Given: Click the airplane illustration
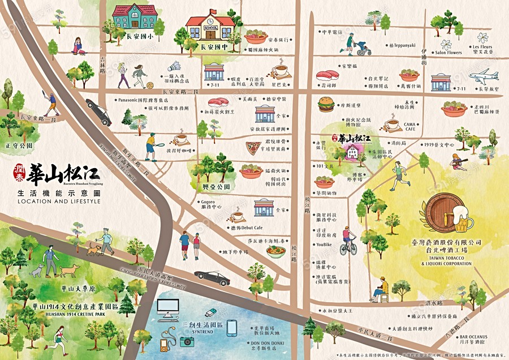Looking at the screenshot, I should (x=483, y=76).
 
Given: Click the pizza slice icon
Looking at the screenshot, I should (x=253, y=148).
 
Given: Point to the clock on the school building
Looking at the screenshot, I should (x=211, y=13).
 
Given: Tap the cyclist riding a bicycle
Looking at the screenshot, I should (x=348, y=242).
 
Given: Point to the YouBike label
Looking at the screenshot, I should (x=323, y=245).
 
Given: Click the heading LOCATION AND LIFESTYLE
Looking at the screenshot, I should (x=59, y=201).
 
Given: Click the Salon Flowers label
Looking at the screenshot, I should (x=448, y=53).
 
